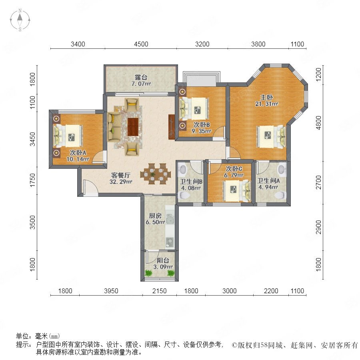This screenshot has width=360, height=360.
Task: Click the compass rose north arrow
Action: pos(20,18)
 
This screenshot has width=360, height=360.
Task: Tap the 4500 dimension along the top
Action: pos(141,44)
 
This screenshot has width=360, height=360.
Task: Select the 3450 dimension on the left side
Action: pos(33,139)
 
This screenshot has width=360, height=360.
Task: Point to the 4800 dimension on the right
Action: pos(319,123)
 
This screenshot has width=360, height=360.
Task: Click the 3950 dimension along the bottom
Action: pos(111,291)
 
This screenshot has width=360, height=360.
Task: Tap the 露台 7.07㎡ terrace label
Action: pos(141,80)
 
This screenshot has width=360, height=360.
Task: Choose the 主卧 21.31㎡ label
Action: pos(266,100)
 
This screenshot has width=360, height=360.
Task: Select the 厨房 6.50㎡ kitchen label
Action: pos(155,219)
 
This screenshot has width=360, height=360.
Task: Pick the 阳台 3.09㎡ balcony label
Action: pos(163,264)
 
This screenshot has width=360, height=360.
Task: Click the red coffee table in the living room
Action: pos(133,127)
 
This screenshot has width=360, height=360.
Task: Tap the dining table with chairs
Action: pos(156,174)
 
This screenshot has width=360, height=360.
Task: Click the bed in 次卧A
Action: pos(68,136)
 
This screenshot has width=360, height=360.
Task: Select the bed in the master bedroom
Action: pos(271,137)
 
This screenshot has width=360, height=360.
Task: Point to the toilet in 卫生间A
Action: pos(281,195)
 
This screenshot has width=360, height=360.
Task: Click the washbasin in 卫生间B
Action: pos(183,170)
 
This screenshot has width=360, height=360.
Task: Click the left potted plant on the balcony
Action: pos(148,273)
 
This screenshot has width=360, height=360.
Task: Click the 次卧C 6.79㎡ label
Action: pos(234,172)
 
